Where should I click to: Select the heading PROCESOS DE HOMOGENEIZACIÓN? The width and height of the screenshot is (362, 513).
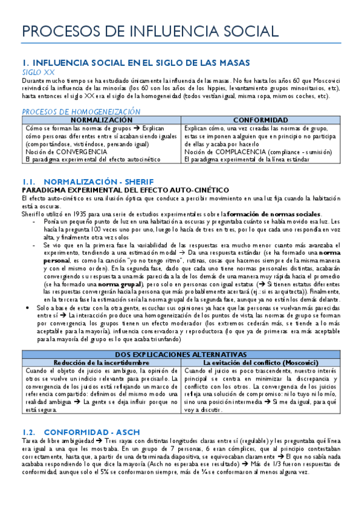(81, 111)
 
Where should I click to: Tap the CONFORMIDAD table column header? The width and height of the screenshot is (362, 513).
(261, 120)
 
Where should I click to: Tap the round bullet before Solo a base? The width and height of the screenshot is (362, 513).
(24, 308)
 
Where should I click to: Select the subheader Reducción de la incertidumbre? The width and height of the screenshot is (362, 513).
(101, 362)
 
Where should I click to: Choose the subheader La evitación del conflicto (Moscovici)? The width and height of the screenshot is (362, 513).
(261, 362)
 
